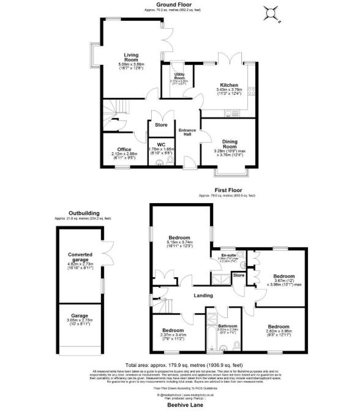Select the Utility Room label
point(179,76)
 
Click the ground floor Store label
point(161,125)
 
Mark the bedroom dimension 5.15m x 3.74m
point(180,242)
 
